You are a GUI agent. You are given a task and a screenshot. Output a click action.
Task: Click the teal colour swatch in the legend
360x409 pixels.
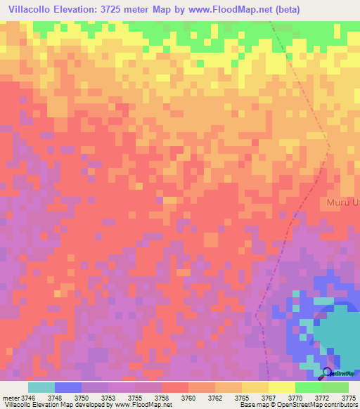[x=41, y=387]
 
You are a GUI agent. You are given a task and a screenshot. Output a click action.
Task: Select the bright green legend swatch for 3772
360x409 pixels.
[x=308, y=387]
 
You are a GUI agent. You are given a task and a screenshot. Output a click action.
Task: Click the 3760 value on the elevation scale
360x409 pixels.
[x=188, y=397]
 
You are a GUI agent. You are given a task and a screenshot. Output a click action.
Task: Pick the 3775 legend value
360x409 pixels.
[x=349, y=397]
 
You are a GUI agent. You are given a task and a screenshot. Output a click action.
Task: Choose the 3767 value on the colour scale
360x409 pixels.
[x=269, y=397]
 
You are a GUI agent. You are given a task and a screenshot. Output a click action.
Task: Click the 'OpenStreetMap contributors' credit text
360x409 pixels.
[x=316, y=405]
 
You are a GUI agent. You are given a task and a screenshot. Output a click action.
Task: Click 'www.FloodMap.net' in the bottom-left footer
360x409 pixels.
[x=143, y=405]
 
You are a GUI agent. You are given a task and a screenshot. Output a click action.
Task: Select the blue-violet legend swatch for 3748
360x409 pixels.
[x=68, y=387]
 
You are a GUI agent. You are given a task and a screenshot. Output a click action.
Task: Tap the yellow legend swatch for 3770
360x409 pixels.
[x=281, y=387]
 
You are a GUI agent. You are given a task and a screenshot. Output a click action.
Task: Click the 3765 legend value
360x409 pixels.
[x=242, y=397]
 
